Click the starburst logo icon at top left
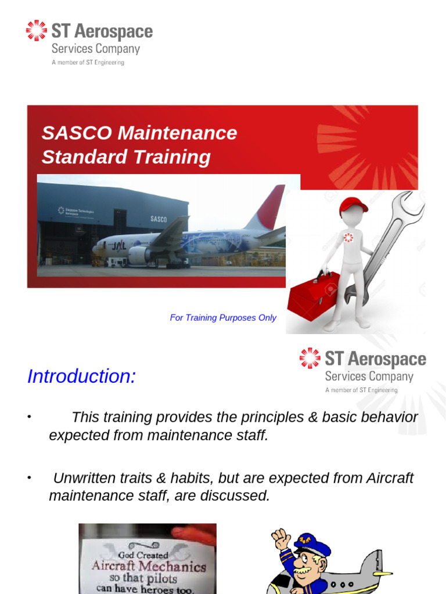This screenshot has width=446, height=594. (x=36, y=31)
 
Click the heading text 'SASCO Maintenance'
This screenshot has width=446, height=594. (x=139, y=133)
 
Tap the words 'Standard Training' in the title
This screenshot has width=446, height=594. (x=126, y=157)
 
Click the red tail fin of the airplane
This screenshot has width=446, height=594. (x=269, y=207)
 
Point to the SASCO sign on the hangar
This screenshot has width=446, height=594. (x=159, y=219)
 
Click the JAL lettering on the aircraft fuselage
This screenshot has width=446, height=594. (x=119, y=246)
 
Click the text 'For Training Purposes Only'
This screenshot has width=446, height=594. (x=223, y=318)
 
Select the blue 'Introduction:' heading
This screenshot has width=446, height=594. (x=81, y=376)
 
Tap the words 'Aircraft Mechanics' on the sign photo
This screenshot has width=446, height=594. (x=148, y=567)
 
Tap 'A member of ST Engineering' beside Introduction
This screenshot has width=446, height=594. (x=361, y=390)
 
